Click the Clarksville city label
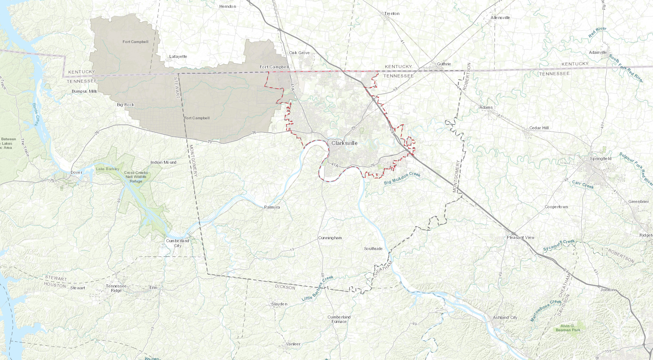coord(344,143)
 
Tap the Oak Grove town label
coord(299,53)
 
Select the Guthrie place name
coord(444,64)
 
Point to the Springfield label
coord(601,159)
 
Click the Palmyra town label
coord(272,207)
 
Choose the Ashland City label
coord(505,317)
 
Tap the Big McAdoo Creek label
coord(402,178)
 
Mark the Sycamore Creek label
coord(559,245)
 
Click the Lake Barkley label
coord(108,169)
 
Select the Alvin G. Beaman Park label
coord(568,328)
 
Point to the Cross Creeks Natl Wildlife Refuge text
coord(136,177)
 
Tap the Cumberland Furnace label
coord(339,319)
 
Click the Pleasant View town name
coord(521,237)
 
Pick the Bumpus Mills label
coord(84,91)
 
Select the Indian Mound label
coord(163,162)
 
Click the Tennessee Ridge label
coord(116,288)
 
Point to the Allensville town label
coord(500,18)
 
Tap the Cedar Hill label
coord(539,128)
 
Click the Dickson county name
coord(285,287)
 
